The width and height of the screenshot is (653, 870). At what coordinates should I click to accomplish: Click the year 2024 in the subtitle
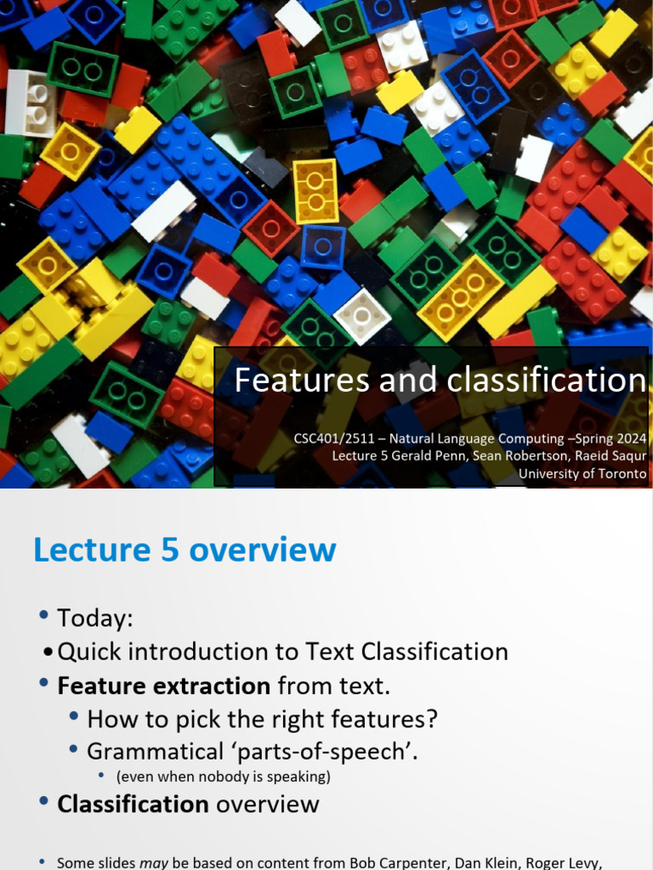pos(629,438)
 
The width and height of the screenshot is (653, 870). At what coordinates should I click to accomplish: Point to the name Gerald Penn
pos(431,456)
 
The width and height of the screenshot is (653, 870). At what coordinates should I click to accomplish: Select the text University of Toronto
pos(582,474)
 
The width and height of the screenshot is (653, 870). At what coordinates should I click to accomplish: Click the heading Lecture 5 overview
pos(185,550)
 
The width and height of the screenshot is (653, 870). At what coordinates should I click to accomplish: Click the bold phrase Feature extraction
pos(163,686)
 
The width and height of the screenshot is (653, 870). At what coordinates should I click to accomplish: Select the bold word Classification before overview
pos(133,804)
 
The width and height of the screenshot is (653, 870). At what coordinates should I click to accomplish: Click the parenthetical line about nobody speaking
pos(224,777)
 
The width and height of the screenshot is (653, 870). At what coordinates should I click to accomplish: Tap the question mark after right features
pos(432,720)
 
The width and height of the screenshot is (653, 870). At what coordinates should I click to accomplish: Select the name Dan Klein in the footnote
pos(466,862)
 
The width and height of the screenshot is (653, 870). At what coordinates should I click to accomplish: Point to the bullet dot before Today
pos(44,617)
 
